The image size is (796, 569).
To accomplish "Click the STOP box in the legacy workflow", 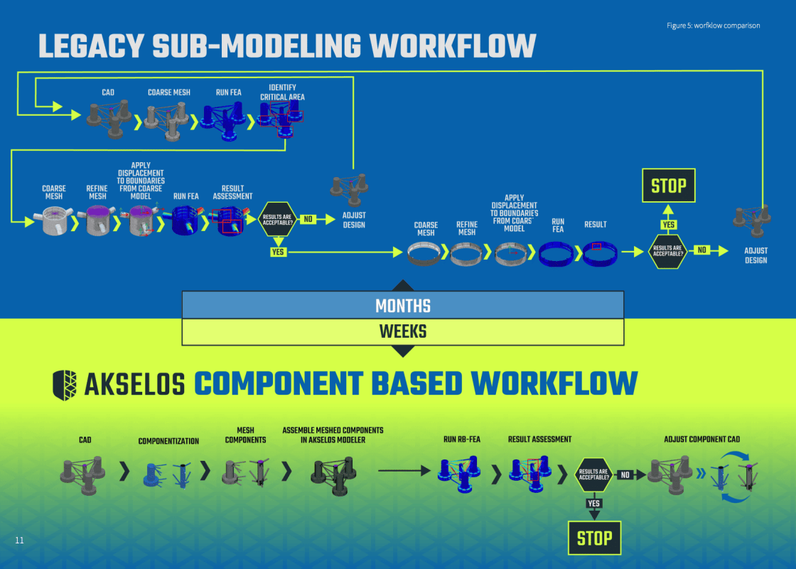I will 668,186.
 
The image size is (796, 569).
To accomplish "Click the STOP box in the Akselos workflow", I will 594,538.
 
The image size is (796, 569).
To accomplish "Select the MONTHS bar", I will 403,305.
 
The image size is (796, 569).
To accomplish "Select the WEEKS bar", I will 403,331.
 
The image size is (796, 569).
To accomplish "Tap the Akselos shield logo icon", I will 65,384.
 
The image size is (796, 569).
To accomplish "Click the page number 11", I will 20,541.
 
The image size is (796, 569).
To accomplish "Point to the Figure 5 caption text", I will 713,26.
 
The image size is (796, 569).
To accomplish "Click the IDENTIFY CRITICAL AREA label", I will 282,92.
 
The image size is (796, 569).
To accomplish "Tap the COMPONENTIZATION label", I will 168,441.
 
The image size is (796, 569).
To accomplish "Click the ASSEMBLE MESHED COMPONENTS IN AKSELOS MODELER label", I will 333,435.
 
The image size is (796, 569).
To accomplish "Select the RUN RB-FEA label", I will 462,440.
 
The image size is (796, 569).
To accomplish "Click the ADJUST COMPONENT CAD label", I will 701,440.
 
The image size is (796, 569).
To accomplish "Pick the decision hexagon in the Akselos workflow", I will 593,474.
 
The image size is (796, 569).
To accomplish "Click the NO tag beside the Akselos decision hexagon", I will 625,474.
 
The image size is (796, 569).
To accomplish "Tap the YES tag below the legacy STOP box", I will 668,225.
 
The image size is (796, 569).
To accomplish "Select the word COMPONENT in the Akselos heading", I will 279,384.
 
